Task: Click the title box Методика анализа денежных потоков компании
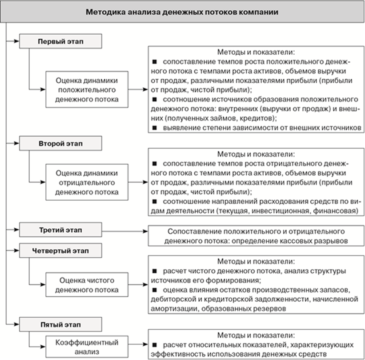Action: click(182, 12)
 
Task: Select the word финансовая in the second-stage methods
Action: click(333, 210)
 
